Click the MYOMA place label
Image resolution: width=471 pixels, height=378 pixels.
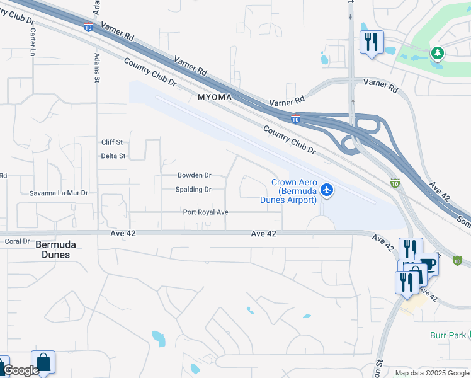coord(215,98)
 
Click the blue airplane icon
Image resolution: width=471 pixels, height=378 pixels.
coord(326,189)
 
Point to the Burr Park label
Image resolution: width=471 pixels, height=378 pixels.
coord(448,335)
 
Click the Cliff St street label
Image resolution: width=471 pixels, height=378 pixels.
coord(111,142)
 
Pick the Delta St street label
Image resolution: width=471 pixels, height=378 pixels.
coord(113,156)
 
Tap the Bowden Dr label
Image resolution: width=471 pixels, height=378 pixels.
coord(194,175)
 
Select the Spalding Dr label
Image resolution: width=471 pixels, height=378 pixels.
coord(193,190)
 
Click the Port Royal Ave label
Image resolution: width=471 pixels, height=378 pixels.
coord(205,212)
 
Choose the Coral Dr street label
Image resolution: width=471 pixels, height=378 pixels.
coord(18,241)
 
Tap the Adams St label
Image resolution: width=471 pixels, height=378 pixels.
coord(97,67)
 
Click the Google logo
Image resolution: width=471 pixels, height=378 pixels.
coord(20,370)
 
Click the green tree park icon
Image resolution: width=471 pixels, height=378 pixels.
coord(437,52)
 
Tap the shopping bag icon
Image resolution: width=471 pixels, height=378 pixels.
coord(43,362)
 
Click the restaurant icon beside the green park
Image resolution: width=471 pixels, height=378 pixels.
coord(371,42)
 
